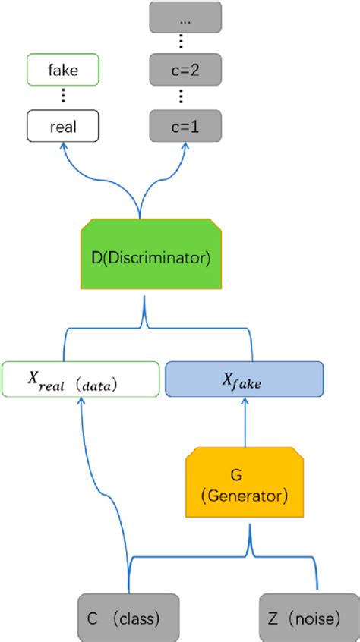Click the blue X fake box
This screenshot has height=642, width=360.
(x=244, y=379)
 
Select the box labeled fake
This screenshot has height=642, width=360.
(x=62, y=71)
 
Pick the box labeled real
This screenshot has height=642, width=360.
(x=62, y=126)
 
